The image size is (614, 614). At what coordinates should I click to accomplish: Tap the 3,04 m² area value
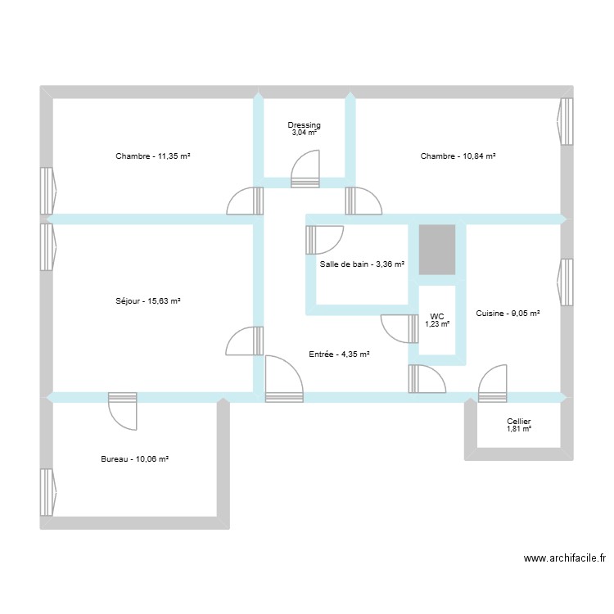(305, 133)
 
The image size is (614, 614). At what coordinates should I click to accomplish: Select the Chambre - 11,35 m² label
(153, 156)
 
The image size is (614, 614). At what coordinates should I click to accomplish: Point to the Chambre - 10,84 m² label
(458, 156)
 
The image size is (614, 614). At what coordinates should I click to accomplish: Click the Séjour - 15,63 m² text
(148, 301)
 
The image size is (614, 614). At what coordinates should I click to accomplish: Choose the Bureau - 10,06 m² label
(135, 459)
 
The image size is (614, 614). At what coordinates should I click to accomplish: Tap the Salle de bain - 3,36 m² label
(363, 264)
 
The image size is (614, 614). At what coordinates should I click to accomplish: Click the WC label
(437, 316)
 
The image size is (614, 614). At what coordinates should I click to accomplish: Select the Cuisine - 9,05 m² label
(508, 313)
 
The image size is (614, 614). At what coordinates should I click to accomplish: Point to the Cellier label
(519, 421)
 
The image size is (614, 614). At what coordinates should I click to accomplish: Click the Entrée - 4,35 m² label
(340, 354)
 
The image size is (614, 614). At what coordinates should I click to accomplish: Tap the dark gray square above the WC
(436, 250)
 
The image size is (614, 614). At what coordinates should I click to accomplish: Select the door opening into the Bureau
(123, 409)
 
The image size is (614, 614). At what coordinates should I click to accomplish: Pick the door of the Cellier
(493, 385)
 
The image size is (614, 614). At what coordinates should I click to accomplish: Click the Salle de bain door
(324, 240)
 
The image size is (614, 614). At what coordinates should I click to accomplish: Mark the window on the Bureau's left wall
(47, 491)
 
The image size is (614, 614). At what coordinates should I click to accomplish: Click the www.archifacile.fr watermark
(564, 558)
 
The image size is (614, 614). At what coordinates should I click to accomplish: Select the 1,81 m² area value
(519, 429)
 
